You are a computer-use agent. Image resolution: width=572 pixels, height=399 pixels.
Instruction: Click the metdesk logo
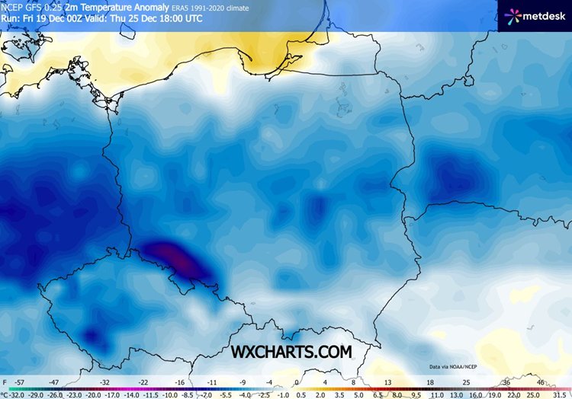coord(534,15)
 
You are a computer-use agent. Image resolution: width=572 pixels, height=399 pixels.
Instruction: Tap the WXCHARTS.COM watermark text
coord(292,351)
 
